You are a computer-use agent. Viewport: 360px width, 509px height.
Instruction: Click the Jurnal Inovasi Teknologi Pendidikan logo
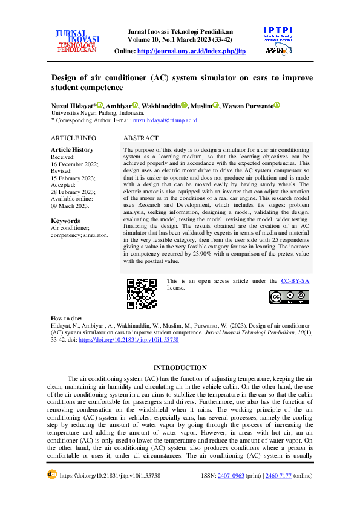point(77,41)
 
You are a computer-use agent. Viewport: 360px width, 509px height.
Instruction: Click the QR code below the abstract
point(142,294)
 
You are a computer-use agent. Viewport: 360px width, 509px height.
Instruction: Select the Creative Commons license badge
point(289,297)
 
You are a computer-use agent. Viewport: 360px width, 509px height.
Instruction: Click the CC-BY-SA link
point(296,281)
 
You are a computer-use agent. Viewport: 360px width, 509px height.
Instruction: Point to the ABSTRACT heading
point(140,138)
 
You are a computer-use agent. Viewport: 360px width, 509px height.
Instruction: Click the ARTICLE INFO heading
point(73,138)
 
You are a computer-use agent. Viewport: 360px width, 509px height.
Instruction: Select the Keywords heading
point(65,221)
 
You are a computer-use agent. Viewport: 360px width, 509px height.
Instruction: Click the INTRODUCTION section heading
point(180,368)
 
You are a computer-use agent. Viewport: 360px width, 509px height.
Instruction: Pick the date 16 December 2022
point(74,164)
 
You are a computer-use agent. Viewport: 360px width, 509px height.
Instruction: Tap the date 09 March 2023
point(70,206)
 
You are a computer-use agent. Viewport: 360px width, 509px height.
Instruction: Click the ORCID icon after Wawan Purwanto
point(277,105)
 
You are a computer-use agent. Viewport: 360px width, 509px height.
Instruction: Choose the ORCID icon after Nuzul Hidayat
point(100,105)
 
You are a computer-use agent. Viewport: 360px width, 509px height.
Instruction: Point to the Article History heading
point(72,149)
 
